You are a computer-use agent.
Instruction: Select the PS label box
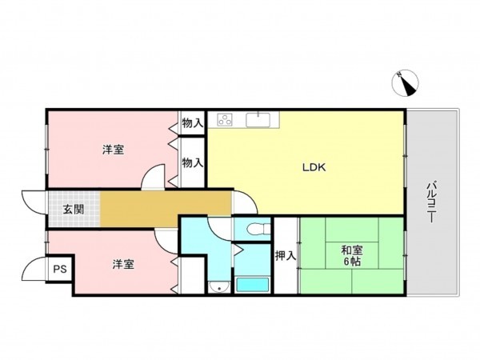tap(60, 270)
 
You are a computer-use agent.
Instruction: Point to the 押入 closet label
tap(286, 256)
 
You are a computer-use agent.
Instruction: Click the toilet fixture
tap(255, 229)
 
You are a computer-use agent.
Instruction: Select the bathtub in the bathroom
tap(254, 284)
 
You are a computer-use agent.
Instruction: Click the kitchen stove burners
tap(225, 120)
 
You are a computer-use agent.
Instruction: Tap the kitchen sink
tap(261, 120)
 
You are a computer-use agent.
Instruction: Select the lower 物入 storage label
tap(192, 162)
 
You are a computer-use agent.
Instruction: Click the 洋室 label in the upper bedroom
tap(112, 150)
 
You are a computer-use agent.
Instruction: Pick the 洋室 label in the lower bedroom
tap(122, 263)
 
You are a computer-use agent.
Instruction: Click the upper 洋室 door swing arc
tap(154, 178)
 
